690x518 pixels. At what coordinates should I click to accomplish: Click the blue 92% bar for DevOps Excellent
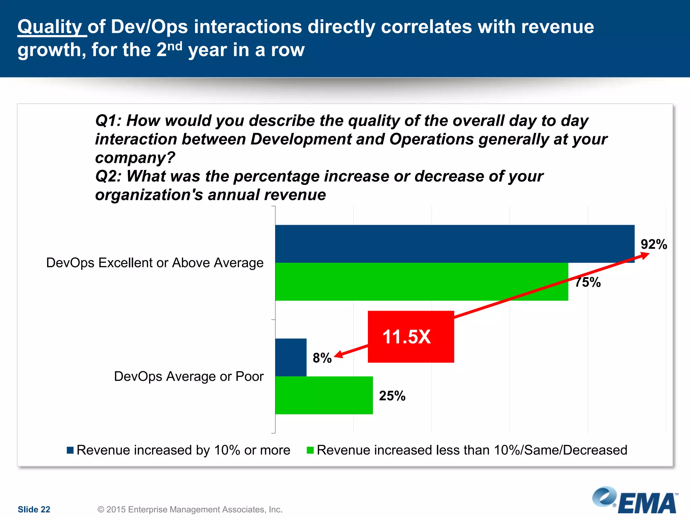coord(455,243)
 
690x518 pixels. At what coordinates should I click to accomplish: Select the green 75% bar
coord(421,282)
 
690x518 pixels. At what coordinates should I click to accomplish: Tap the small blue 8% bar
coord(291,357)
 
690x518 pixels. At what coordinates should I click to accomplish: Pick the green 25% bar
coord(324,395)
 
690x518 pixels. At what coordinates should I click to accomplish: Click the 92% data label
coord(654,244)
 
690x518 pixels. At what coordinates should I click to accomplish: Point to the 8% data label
coord(322,358)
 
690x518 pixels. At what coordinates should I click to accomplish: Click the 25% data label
coord(392,396)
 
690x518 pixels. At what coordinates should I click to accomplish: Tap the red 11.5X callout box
coord(411,337)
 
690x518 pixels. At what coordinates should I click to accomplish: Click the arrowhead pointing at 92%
coord(645,255)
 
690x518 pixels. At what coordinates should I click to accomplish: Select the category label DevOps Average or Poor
coord(189,376)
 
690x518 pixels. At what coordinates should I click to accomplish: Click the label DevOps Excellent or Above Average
coord(155,263)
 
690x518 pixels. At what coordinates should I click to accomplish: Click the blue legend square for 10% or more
coord(70,450)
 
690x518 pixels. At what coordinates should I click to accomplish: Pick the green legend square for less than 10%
coord(310,450)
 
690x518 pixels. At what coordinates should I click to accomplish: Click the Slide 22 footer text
coord(34,509)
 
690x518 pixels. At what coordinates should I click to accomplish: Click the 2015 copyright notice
coord(190,509)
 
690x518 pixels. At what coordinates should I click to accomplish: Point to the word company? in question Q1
coord(135,157)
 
